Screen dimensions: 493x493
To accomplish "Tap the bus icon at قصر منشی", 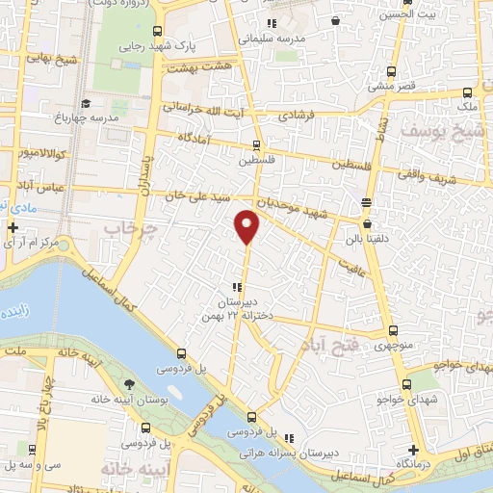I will click(391, 71).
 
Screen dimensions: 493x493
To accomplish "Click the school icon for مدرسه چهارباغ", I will click(86, 103).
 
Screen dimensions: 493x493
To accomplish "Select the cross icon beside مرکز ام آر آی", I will click(12, 228).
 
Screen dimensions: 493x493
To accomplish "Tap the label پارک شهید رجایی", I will click(145, 45).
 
